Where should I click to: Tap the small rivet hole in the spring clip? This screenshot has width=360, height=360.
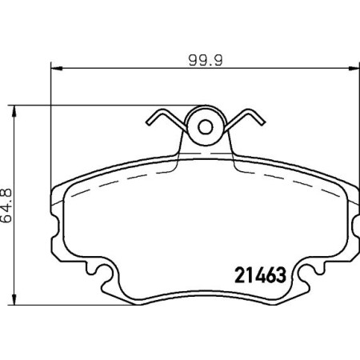tap(204, 126)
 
